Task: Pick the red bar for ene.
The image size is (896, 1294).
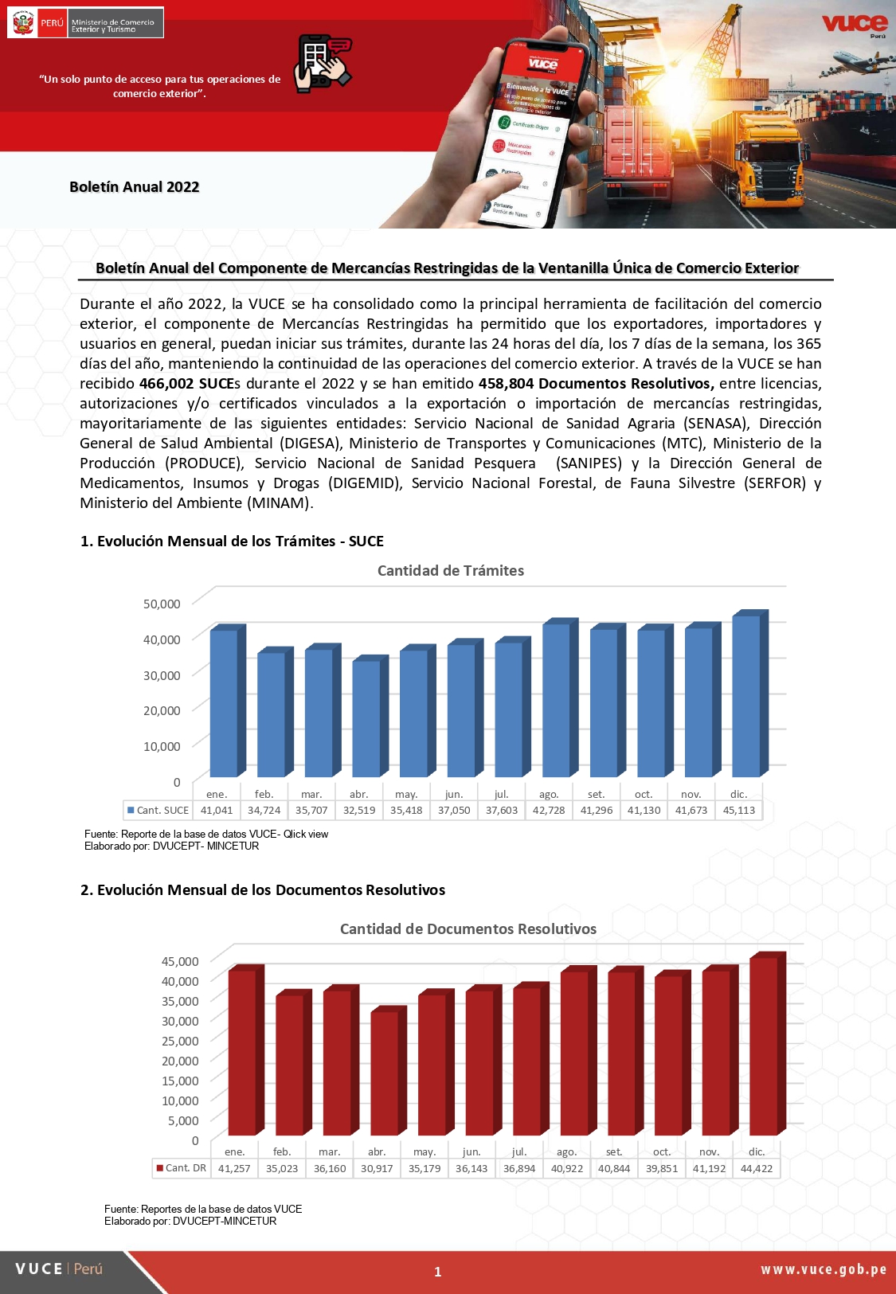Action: coord(241,1052)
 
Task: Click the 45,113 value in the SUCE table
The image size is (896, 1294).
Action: coord(739,810)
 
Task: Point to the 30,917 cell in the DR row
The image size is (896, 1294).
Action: coord(377,1168)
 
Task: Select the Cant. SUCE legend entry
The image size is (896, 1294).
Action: coord(158,810)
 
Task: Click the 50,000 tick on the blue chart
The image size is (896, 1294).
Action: coord(162,604)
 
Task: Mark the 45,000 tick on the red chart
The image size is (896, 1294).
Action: coord(180,961)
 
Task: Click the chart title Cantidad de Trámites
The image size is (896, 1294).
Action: coord(450,570)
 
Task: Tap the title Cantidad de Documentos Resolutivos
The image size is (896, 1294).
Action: coord(468,928)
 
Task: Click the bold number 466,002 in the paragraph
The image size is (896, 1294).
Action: coord(166,383)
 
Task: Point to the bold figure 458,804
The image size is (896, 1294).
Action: coord(506,383)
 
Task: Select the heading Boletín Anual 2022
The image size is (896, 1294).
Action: coord(134,186)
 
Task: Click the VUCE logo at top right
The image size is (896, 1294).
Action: coord(854,24)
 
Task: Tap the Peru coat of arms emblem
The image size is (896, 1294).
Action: coord(23,23)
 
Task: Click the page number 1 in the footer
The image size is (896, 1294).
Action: coord(437,1272)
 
